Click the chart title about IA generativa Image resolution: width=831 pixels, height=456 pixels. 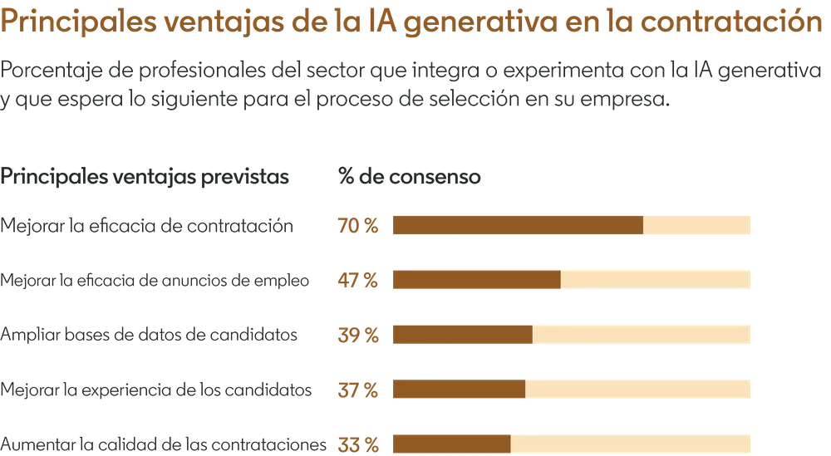pyautogui.click(x=406, y=23)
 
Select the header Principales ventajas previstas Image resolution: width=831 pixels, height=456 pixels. pyautogui.click(x=147, y=177)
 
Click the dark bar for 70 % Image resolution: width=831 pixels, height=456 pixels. pyautogui.click(x=518, y=225)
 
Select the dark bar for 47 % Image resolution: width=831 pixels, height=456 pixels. pyautogui.click(x=476, y=280)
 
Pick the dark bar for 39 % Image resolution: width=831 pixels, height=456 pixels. pyautogui.click(x=462, y=334)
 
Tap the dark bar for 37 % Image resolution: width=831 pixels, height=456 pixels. pyautogui.click(x=459, y=389)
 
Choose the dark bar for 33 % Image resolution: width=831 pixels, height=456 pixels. pyautogui.click(x=451, y=444)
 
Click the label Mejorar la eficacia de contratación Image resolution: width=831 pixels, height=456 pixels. pyautogui.click(x=147, y=225)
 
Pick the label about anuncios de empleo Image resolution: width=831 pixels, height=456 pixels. pyautogui.click(x=156, y=281)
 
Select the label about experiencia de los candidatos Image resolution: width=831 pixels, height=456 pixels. pyautogui.click(x=158, y=389)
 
